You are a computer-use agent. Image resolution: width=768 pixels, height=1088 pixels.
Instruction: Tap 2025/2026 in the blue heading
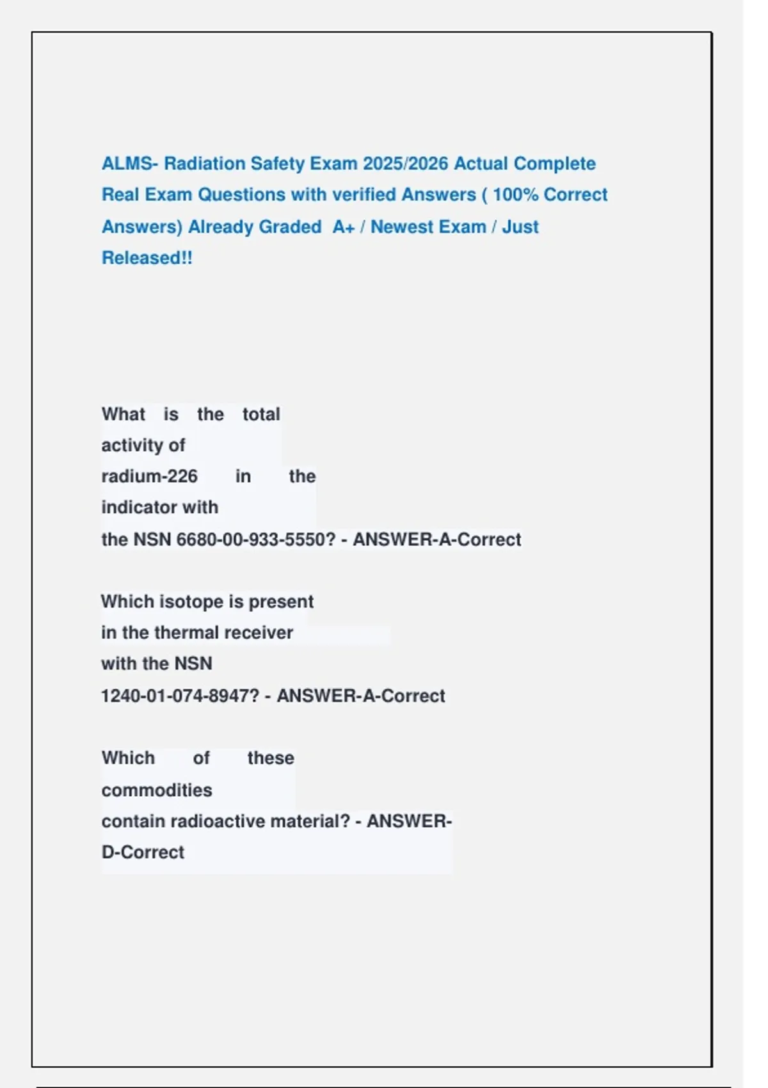405,164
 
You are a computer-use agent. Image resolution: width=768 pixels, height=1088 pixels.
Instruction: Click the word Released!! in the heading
147,258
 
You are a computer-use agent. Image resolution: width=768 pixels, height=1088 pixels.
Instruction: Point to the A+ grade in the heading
344,227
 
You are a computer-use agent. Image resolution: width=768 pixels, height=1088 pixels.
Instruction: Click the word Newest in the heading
428,227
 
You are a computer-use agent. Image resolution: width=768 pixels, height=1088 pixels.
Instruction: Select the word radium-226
149,476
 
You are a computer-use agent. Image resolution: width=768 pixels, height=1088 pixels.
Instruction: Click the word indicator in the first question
139,508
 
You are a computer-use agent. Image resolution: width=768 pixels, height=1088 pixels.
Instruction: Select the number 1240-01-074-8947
180,696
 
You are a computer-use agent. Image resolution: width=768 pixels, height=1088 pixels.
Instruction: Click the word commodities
157,790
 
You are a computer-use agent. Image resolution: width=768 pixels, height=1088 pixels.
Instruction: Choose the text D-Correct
143,852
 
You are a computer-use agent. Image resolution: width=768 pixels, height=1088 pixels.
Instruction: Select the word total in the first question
261,415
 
